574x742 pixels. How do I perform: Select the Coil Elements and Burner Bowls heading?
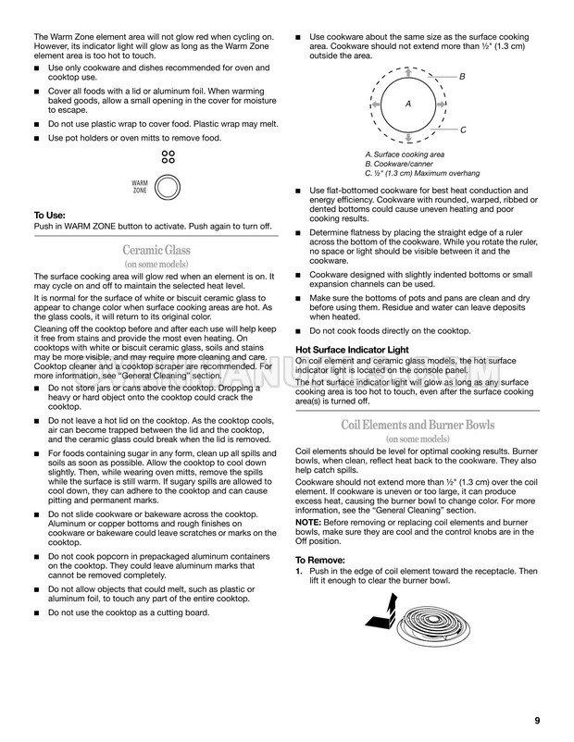[x=417, y=425]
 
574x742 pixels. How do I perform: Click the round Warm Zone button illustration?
[x=168, y=188]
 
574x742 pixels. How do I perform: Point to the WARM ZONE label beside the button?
[x=140, y=187]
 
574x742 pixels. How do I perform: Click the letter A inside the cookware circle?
[x=407, y=104]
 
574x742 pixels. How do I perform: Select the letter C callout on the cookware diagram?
[x=462, y=130]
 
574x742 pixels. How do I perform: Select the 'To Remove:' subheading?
[x=319, y=561]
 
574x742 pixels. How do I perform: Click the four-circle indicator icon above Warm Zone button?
[x=168, y=156]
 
